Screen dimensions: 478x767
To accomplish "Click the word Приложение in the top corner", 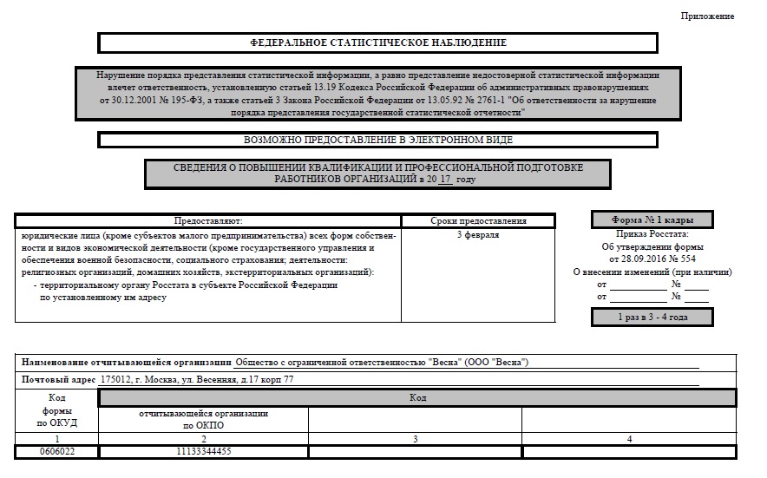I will click(707, 16).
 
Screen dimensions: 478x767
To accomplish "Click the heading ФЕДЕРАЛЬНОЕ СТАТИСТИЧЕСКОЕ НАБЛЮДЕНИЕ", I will click(377, 43).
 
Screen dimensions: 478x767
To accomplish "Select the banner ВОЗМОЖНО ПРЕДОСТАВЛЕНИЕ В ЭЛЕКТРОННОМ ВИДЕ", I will click(377, 140).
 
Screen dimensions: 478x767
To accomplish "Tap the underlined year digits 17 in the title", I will click(445, 179).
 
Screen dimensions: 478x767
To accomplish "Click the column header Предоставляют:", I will click(207, 221).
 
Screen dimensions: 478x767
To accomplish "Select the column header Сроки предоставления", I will click(478, 221).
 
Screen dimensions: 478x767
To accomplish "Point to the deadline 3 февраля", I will click(478, 235).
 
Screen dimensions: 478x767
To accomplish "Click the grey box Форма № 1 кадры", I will click(652, 219).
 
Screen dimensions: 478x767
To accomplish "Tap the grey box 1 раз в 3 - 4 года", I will click(652, 318).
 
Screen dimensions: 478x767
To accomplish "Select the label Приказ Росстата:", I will click(652, 234).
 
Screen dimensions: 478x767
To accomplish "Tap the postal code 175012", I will click(116, 379).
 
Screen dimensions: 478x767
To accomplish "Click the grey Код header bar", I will click(417, 397).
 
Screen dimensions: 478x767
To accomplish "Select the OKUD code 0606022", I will click(58, 452).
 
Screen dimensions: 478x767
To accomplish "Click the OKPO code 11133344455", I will click(204, 452).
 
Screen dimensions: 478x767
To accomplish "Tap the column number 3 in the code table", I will click(415, 439).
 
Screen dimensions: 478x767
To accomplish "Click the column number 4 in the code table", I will click(628, 439).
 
